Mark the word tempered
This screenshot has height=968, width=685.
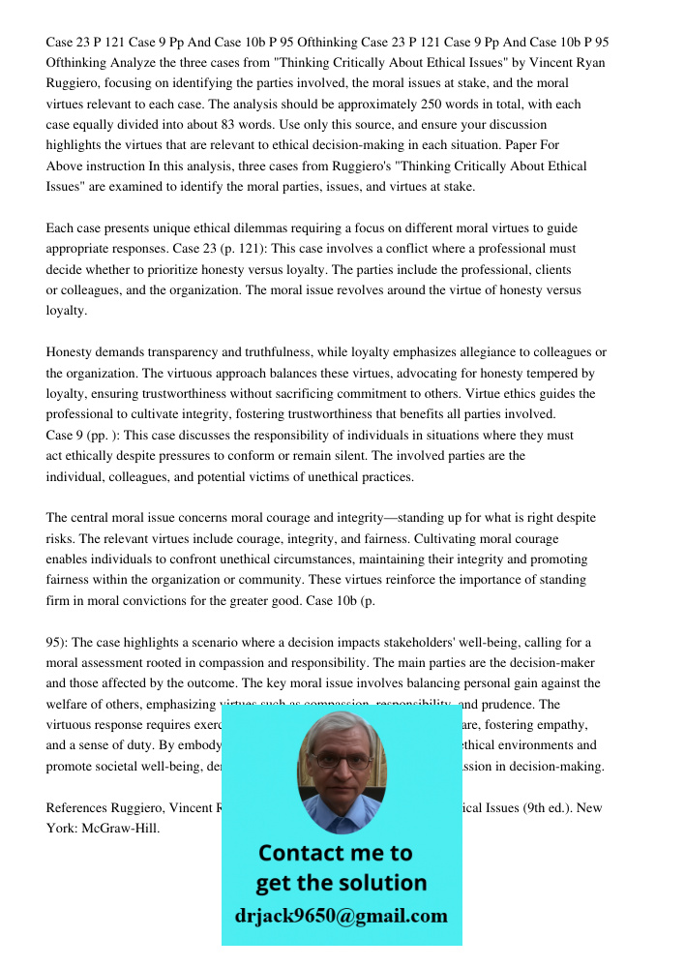coord(547,374)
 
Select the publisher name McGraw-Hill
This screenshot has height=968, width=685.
coord(120,829)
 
